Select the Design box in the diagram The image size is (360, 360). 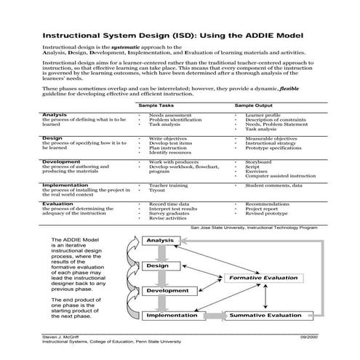pos(157,265)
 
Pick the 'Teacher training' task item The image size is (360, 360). pos(169,185)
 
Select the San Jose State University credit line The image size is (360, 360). pos(254,227)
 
